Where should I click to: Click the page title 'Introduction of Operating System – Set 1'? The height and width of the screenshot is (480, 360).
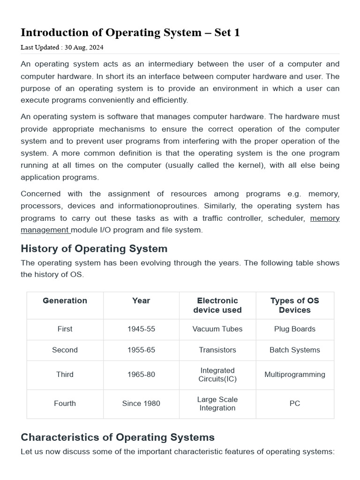point(130,33)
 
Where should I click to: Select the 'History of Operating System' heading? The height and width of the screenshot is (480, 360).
point(94,248)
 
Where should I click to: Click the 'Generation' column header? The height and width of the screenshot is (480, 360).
point(65,301)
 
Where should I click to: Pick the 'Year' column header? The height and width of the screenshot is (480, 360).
point(141,301)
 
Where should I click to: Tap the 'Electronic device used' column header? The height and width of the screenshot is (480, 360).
point(217,305)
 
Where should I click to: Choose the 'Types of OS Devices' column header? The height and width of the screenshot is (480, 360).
point(294,305)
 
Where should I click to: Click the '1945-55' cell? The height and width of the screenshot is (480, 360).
point(141,329)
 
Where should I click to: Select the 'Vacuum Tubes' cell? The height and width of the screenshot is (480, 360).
point(217,329)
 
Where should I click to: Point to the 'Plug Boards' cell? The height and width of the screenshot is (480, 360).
point(294,329)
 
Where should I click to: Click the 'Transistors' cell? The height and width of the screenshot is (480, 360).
point(217,350)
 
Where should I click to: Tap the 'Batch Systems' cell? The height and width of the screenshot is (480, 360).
point(294,350)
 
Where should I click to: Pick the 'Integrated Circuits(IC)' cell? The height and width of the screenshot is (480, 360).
point(217,375)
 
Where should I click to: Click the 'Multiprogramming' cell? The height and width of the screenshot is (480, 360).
point(294,375)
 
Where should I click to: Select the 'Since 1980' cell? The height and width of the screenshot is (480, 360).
point(141,404)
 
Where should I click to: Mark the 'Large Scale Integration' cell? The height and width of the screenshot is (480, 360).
point(217,404)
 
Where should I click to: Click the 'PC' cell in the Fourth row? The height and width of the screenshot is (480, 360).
point(294,404)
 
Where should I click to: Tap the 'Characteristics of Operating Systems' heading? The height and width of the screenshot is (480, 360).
point(118,437)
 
